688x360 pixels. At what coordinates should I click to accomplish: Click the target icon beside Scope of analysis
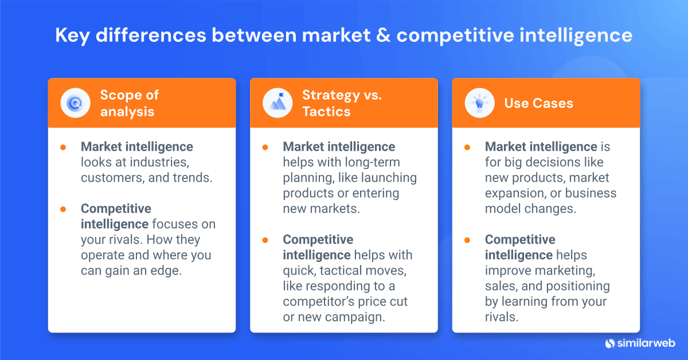coord(76,103)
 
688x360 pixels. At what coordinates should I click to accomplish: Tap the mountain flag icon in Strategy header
coord(277,103)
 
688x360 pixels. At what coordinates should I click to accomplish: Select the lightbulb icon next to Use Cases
coord(480,103)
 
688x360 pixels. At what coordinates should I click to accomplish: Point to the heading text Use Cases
coord(538,103)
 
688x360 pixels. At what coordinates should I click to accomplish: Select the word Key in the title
coord(72,36)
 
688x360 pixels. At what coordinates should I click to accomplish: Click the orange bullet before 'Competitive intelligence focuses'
coord(63,209)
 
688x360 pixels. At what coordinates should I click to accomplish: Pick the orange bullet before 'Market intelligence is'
coord(467,147)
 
